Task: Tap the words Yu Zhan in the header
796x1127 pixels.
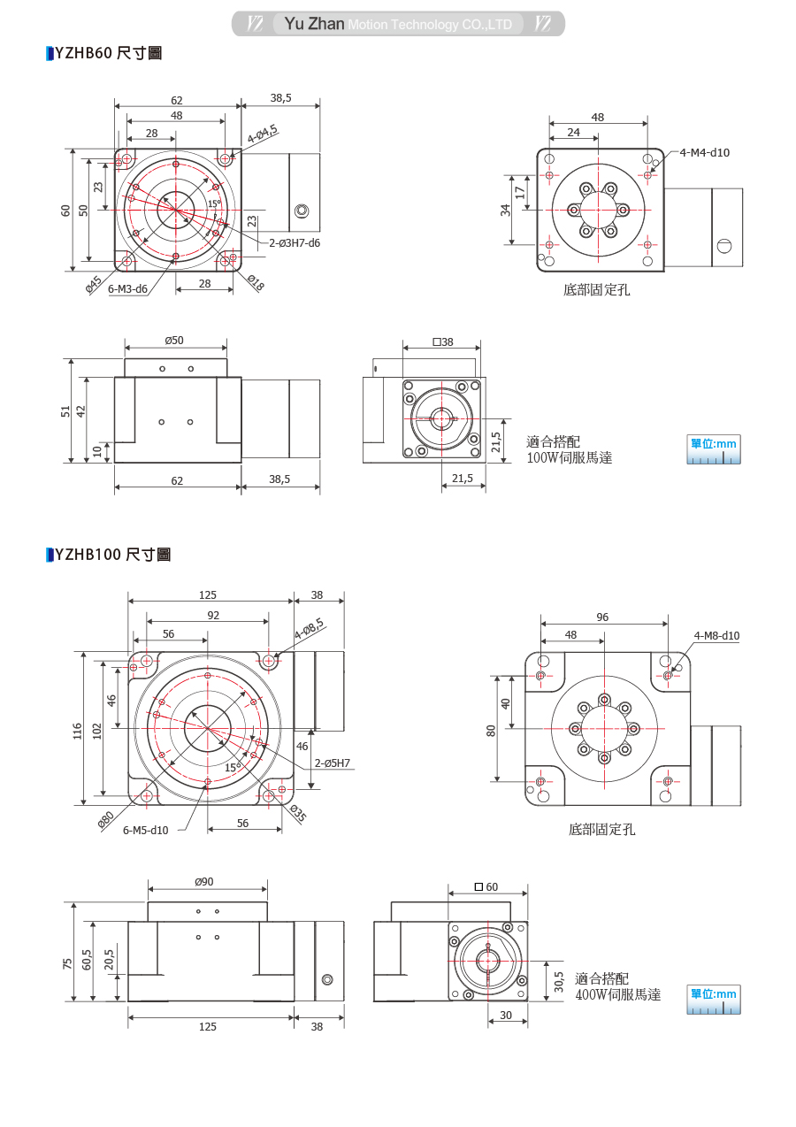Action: [314, 24]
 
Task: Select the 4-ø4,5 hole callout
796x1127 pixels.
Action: [263, 134]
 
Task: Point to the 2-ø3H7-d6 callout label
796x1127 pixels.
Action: [295, 241]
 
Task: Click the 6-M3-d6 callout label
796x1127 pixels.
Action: [127, 288]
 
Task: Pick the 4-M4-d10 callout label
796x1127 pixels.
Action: [705, 152]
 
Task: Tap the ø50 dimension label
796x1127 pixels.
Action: [174, 341]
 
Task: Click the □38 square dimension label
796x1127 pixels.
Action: [442, 341]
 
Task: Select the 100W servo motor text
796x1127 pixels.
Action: [570, 457]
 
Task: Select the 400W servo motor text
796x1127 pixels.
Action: [617, 994]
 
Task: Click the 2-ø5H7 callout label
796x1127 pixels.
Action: [332, 763]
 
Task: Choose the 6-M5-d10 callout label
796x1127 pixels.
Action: [145, 830]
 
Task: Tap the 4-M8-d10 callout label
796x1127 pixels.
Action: [716, 635]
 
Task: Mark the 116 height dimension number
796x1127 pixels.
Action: [77, 730]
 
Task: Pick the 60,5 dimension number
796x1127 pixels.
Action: [88, 961]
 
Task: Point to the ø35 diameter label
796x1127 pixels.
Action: [297, 815]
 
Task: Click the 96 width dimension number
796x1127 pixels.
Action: [602, 617]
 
